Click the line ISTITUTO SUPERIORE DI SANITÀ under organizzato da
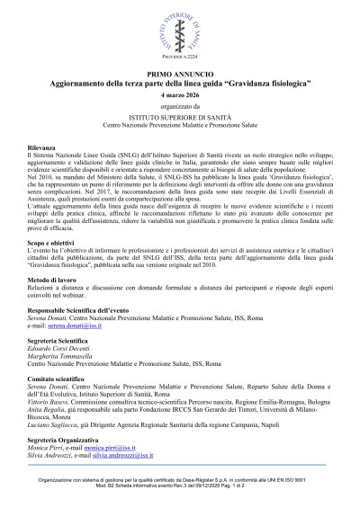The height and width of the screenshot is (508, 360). [x=179, y=117]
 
